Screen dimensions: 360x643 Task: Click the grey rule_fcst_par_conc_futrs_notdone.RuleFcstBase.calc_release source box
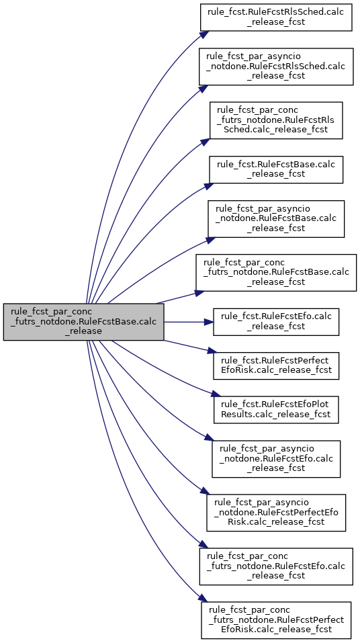coord(84,322)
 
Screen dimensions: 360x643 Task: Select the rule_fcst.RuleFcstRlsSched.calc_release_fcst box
coord(276,17)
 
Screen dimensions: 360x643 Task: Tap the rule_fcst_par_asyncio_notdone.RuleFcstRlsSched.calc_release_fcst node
coord(276,67)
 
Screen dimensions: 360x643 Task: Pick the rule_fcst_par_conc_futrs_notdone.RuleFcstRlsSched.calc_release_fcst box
coord(276,120)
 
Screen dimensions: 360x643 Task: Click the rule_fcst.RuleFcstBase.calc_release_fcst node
coord(276,170)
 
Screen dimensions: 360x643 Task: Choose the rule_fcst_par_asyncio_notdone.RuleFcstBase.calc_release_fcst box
coord(276,219)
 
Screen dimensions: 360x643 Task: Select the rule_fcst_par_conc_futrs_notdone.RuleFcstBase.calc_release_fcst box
coord(276,273)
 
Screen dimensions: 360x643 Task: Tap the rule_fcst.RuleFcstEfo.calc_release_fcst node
coord(276,322)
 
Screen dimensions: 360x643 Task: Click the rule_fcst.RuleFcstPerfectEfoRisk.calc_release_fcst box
coord(276,366)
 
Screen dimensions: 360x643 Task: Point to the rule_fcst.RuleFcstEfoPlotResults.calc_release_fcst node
coord(276,410)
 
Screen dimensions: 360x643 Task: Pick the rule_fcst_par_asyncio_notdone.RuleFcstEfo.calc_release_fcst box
coord(276,459)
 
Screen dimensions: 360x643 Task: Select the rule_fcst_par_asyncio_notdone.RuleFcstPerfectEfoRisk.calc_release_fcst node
coord(276,513)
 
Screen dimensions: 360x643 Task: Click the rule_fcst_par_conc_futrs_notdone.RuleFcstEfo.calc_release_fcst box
coord(276,566)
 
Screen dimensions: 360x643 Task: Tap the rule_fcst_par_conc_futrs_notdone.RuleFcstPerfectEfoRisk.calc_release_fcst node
coord(276,620)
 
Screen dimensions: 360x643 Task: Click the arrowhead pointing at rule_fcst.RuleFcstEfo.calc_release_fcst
coord(209,322)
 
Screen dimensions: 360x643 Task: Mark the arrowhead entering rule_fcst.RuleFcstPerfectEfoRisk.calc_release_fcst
coord(211,351)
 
